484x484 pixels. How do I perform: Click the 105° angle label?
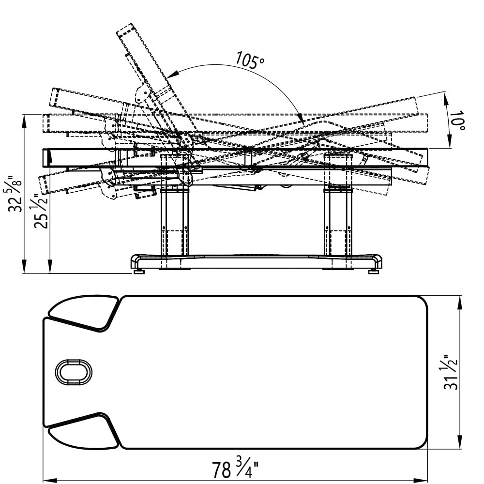tap(250, 60)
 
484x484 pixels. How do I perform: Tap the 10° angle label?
tap(457, 121)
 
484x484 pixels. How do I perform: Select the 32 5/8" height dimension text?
tap(15, 194)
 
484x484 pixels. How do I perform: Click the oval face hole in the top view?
tap(74, 372)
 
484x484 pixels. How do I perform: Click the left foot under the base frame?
tap(139, 272)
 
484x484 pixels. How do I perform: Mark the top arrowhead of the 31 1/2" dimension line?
tap(460, 302)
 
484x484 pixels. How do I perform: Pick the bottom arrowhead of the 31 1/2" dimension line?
tap(460, 441)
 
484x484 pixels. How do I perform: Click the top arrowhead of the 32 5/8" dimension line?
tap(24, 121)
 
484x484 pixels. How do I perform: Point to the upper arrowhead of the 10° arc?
tap(446, 99)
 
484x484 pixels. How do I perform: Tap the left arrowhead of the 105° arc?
tap(173, 74)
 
